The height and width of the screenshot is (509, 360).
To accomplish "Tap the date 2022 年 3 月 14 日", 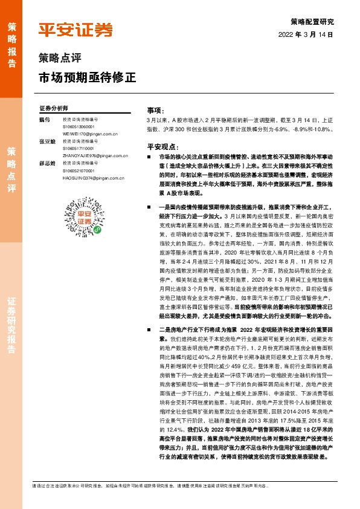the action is point(307,34).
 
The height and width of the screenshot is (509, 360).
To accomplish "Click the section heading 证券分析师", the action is point(53,108).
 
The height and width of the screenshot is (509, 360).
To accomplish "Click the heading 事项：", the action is point(155,111).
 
